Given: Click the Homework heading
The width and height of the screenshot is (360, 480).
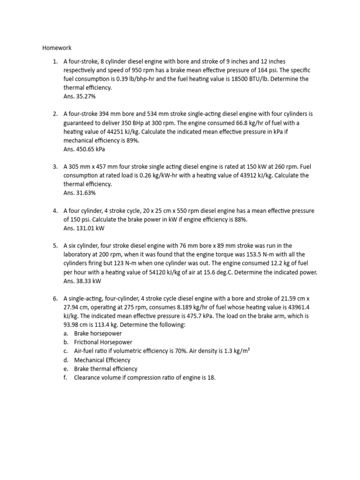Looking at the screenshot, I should pyautogui.click(x=57, y=47).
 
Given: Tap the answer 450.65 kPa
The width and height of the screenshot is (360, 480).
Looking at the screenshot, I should pyautogui.click(x=84, y=150).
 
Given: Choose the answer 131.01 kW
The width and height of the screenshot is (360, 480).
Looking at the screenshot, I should pyautogui.click(x=84, y=228).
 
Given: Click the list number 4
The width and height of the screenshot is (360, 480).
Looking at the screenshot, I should pyautogui.click(x=55, y=211).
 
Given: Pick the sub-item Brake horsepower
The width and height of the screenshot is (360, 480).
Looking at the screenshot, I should pyautogui.click(x=97, y=333).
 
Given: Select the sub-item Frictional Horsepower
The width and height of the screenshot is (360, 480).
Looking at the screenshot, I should pyautogui.click(x=103, y=342).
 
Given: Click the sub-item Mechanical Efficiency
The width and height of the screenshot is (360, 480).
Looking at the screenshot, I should pyautogui.click(x=102, y=360).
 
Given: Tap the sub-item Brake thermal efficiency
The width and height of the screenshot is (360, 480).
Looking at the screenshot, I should pyautogui.click(x=106, y=369).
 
